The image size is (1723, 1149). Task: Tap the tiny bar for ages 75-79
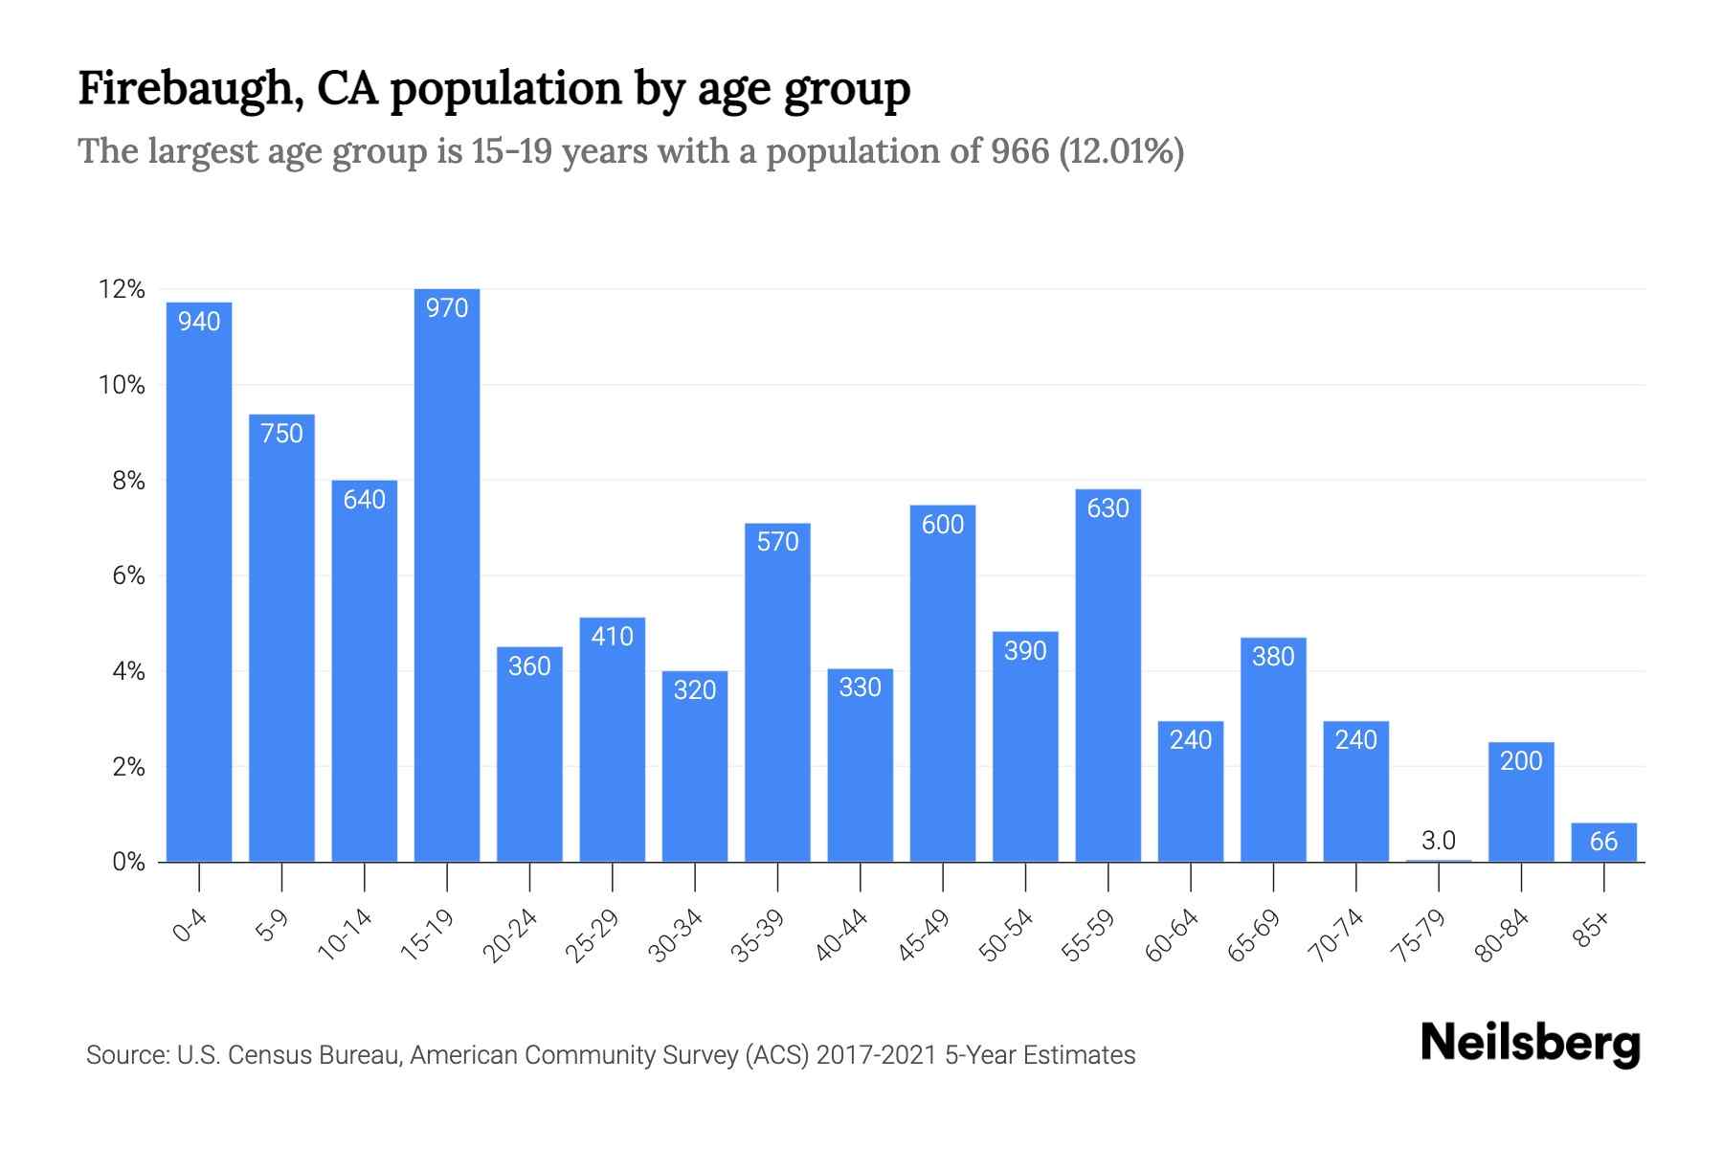1439,861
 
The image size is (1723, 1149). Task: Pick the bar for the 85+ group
1603,843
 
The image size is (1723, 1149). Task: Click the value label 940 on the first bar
199,322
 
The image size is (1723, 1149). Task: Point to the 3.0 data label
1439,841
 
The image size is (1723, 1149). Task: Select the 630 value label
1108,508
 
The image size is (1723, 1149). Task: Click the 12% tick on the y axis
122,289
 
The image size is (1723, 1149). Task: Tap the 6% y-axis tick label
128,575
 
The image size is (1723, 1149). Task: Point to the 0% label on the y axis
128,862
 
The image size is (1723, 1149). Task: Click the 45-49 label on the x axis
924,935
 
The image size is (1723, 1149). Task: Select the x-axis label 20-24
510,935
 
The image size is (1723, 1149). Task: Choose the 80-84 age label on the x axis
1503,935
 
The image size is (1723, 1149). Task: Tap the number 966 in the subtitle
1020,151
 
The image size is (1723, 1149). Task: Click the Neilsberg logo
1530,1044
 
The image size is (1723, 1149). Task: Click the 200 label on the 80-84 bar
1521,761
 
